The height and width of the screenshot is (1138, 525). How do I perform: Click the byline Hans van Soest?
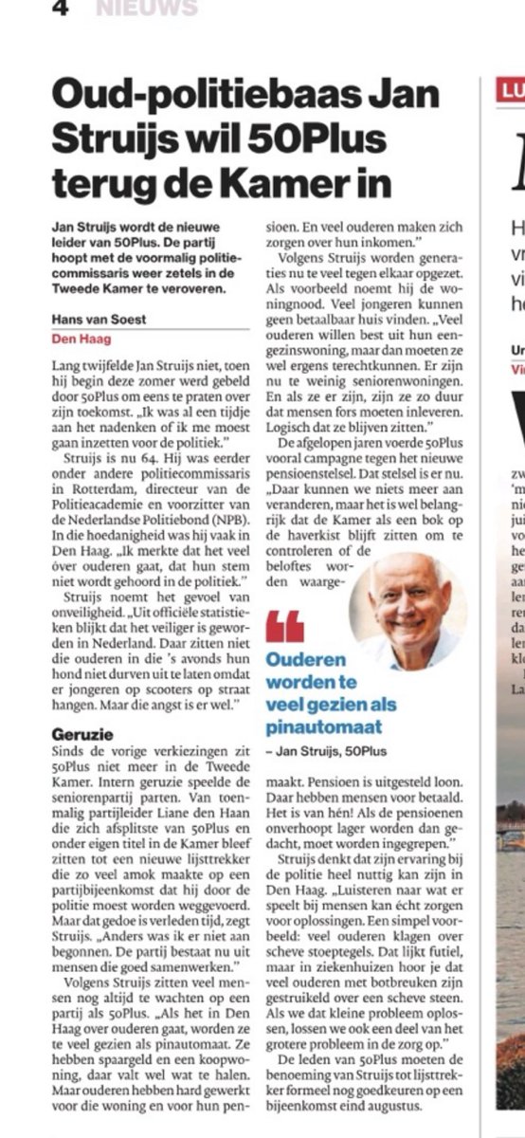100,320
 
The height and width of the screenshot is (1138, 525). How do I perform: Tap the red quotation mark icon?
284,627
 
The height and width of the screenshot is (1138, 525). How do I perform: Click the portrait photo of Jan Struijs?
407,597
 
